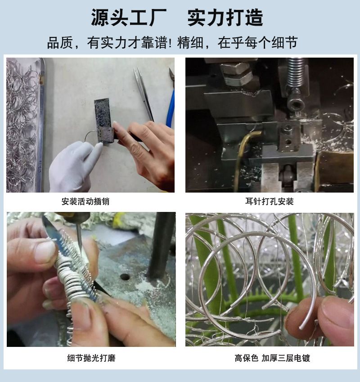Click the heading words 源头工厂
point(129,18)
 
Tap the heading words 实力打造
point(225,18)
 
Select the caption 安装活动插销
point(85,202)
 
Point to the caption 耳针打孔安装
point(270,202)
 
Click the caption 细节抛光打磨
point(91,358)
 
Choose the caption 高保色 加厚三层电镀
point(272,358)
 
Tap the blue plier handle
point(171,108)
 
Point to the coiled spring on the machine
point(296,73)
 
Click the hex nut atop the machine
point(236,73)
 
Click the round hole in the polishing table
point(125,277)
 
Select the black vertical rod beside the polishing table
point(161,246)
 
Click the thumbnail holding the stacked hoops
point(45,252)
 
